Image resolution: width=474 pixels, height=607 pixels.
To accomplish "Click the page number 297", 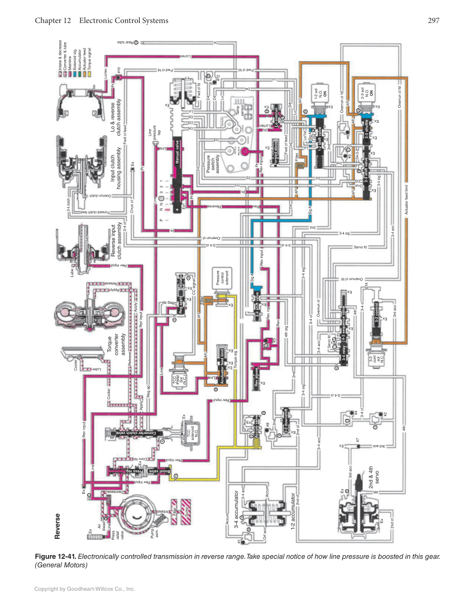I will point(434,21).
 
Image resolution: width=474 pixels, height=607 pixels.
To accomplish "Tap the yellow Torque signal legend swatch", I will point(60,56).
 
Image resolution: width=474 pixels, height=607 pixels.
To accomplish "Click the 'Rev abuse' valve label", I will point(258,376).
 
